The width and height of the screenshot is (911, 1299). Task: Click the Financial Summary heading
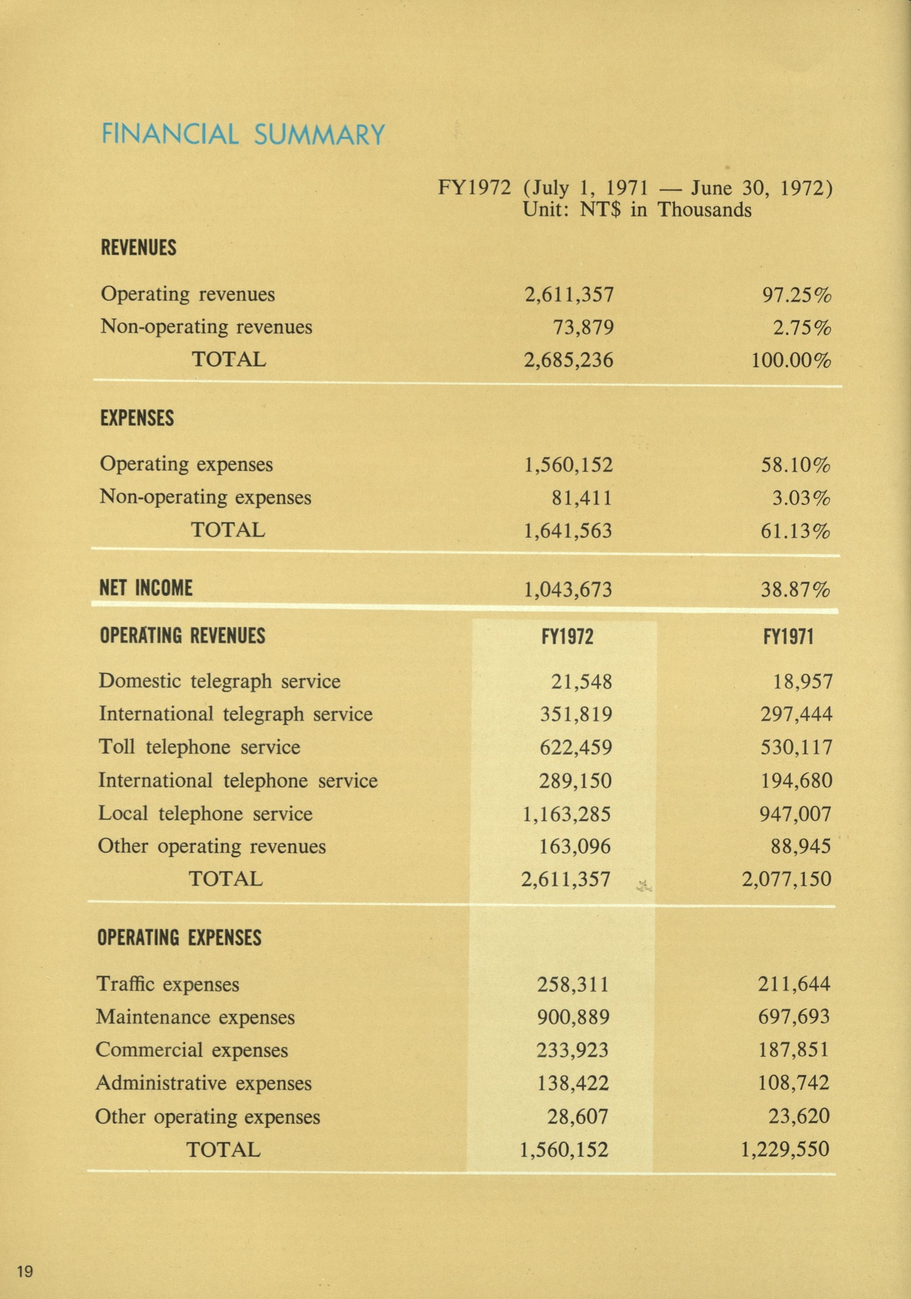tap(243, 135)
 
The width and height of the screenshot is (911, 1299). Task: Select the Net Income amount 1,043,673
tap(567, 590)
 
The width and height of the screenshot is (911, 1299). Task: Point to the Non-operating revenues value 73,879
tap(585, 327)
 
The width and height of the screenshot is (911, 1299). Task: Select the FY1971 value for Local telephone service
tap(796, 814)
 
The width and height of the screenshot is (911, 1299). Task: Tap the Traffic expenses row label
tap(168, 984)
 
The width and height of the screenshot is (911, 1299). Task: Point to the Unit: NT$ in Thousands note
tap(637, 210)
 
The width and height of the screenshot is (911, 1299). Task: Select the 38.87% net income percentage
tap(795, 590)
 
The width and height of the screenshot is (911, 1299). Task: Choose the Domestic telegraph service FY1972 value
tap(582, 681)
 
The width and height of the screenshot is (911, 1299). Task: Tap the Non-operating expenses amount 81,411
tap(583, 498)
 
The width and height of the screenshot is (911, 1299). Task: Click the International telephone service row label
tap(238, 781)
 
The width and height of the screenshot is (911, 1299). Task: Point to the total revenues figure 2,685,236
tap(568, 360)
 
